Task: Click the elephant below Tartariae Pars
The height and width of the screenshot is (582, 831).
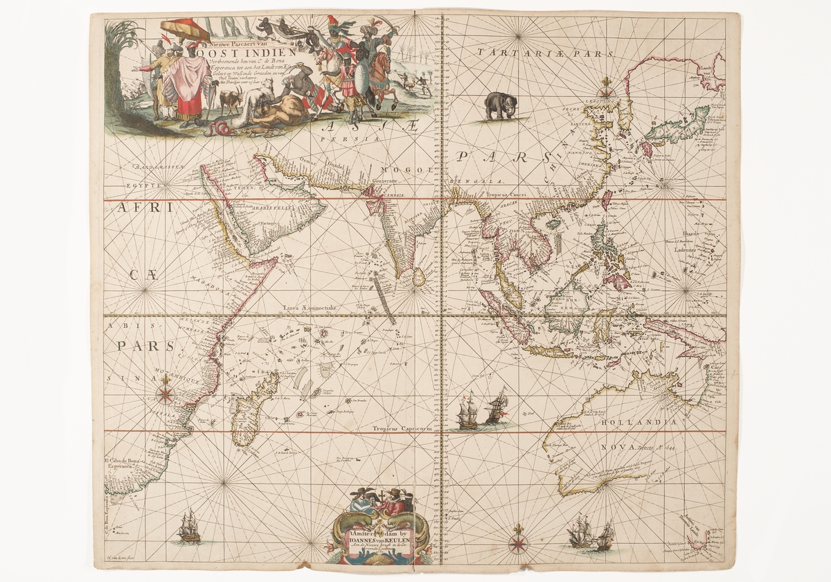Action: click(501, 106)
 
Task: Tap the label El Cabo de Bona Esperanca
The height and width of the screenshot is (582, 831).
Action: click(123, 463)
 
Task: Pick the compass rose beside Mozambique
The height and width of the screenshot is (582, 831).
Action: click(165, 395)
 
